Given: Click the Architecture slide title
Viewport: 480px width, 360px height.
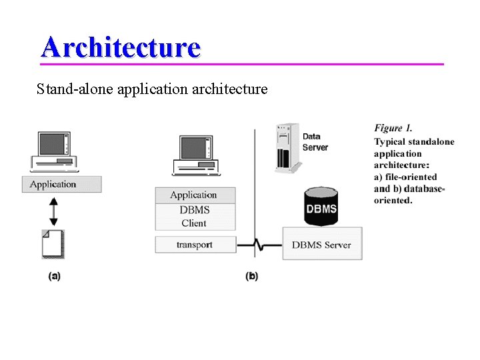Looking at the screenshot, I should coord(120,47).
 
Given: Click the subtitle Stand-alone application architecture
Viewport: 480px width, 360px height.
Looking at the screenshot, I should coord(152,88).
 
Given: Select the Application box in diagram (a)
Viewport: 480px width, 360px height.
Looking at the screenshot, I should coord(61,184).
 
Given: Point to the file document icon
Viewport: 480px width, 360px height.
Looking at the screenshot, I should coord(53,243).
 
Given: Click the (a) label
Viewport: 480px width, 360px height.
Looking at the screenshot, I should coord(54,275).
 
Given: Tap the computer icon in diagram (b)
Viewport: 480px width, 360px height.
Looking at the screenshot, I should coord(195,155).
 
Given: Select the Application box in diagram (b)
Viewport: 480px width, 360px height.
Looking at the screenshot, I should coord(195,195).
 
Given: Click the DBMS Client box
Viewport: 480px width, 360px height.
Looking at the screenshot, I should coord(195,217).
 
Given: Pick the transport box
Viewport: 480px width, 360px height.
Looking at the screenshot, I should coord(195,245).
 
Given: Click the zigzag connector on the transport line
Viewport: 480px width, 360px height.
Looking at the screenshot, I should coord(259,245).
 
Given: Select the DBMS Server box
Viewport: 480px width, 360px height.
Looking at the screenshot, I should coord(321,245).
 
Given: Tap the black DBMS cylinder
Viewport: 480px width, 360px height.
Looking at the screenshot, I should coord(321,207).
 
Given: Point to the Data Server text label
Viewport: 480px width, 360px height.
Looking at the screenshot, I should coord(315,142).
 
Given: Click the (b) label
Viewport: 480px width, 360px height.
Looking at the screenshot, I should coord(251,275).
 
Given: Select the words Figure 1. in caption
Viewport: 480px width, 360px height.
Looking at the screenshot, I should coord(393,128).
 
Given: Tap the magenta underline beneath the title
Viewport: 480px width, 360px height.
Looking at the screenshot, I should coord(241,64).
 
